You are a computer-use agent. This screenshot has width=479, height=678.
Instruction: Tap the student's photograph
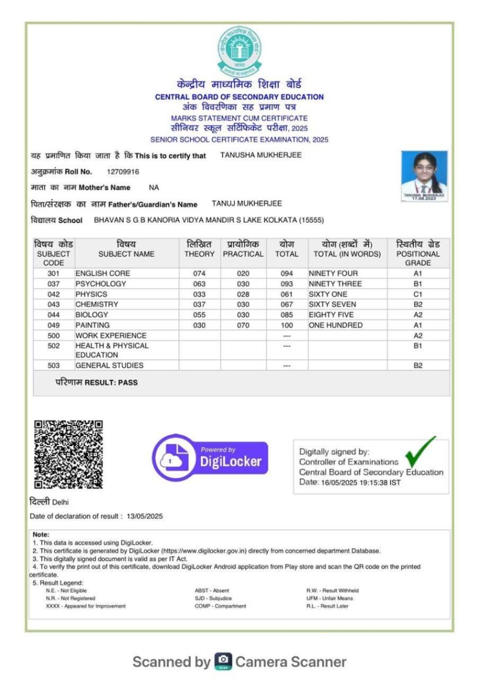(x=424, y=176)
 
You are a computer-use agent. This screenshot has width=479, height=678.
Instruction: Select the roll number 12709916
(x=123, y=172)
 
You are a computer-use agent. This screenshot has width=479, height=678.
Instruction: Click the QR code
(x=68, y=454)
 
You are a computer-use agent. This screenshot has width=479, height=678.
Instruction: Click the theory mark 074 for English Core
(x=199, y=274)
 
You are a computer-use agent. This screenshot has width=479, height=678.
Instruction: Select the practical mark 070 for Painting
(x=243, y=325)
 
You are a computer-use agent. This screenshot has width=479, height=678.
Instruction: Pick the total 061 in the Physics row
(x=286, y=294)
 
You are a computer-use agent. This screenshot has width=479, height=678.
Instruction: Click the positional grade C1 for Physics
(x=417, y=294)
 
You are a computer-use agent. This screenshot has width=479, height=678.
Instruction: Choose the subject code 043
(x=53, y=305)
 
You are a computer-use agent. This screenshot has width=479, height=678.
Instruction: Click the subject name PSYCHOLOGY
(x=100, y=284)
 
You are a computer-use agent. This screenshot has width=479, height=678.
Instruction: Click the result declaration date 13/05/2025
(x=144, y=517)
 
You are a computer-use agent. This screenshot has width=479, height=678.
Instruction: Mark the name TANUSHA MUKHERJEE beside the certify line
(x=261, y=156)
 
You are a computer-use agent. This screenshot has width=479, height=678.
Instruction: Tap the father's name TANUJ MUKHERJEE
(x=247, y=204)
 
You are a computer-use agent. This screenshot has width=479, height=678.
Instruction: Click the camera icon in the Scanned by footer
(x=222, y=662)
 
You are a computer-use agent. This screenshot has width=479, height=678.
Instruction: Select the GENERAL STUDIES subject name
(x=109, y=365)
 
